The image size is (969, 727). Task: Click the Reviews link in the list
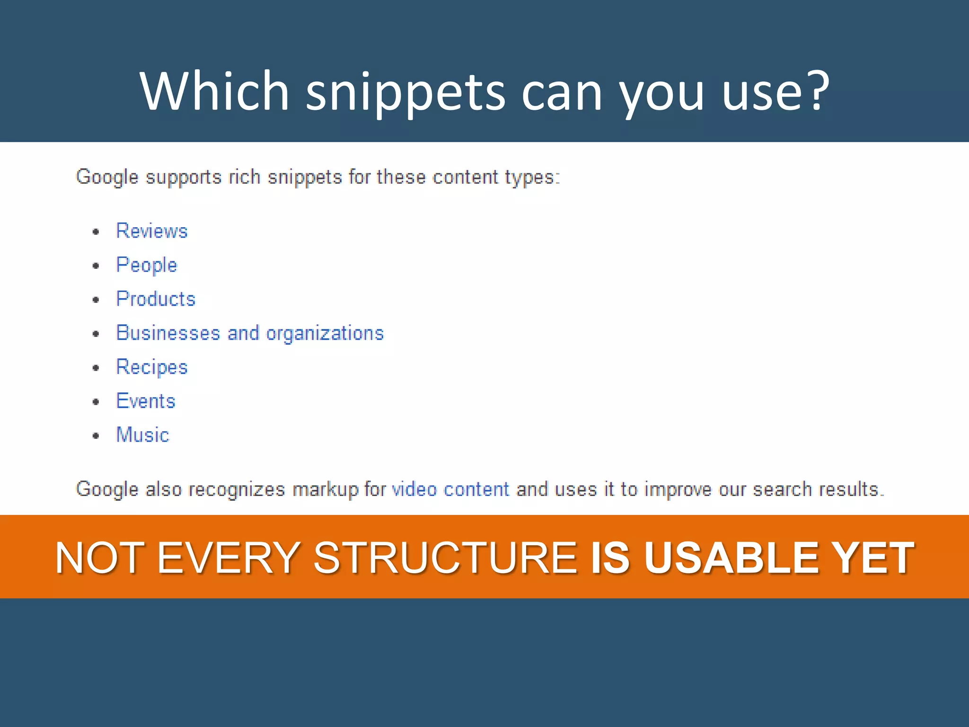tap(152, 231)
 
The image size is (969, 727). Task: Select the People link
tap(147, 265)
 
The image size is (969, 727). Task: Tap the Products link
tap(156, 299)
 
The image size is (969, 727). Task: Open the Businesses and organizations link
tap(250, 333)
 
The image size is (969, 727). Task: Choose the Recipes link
tap(152, 367)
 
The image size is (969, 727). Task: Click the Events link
tap(146, 401)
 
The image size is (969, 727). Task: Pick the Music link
tap(142, 435)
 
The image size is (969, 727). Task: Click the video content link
tap(451, 489)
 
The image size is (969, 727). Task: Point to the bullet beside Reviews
tap(96, 232)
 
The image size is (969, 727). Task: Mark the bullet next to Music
tap(96, 436)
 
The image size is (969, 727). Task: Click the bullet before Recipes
tap(96, 368)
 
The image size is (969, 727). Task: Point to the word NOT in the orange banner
tap(99, 558)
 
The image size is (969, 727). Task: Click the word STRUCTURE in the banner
tap(445, 558)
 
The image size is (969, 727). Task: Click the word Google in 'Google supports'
tap(107, 177)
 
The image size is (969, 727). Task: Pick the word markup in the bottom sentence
tap(325, 489)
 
